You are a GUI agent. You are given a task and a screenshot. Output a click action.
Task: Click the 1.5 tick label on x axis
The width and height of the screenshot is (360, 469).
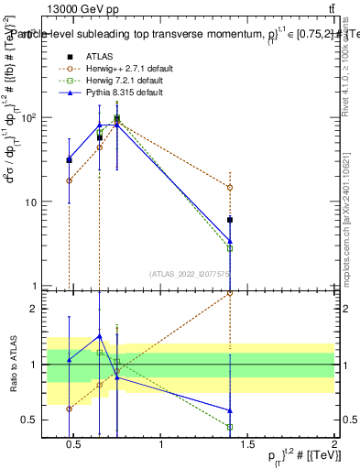(247, 445)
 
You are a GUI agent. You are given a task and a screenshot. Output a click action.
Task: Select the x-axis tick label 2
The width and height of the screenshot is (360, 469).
(334, 445)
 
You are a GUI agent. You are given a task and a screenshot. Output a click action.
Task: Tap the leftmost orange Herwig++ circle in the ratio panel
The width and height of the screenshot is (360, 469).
(69, 409)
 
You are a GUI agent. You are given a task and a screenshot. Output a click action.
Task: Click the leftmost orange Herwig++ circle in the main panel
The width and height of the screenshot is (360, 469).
(69, 180)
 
